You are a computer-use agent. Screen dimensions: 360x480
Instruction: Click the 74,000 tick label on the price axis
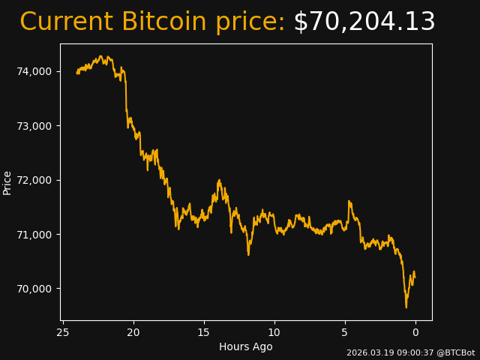34,71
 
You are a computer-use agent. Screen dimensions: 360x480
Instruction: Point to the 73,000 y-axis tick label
34,125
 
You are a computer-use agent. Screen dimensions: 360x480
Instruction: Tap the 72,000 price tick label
34,180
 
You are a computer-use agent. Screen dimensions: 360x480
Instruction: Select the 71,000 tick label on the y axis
34,235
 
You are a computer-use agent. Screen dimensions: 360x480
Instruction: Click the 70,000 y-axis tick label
34,289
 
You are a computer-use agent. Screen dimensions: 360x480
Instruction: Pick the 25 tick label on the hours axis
63,332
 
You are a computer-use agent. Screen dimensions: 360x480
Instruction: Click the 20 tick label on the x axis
133,332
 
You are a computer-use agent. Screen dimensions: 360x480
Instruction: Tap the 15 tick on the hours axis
204,332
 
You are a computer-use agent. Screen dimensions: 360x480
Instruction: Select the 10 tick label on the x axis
274,332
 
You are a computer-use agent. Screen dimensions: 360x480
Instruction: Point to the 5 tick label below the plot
345,332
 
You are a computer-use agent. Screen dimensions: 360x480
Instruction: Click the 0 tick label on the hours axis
415,332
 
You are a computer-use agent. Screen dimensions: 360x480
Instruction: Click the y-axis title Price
7,182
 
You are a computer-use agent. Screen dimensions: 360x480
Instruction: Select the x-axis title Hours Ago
246,346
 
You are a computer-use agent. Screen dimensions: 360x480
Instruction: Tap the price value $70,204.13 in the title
364,22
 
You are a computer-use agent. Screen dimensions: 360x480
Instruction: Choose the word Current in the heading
67,22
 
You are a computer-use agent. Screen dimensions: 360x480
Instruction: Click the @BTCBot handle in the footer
456,352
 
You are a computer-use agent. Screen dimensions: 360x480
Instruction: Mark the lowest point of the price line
406,307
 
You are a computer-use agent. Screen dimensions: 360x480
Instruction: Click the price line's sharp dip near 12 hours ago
248,254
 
